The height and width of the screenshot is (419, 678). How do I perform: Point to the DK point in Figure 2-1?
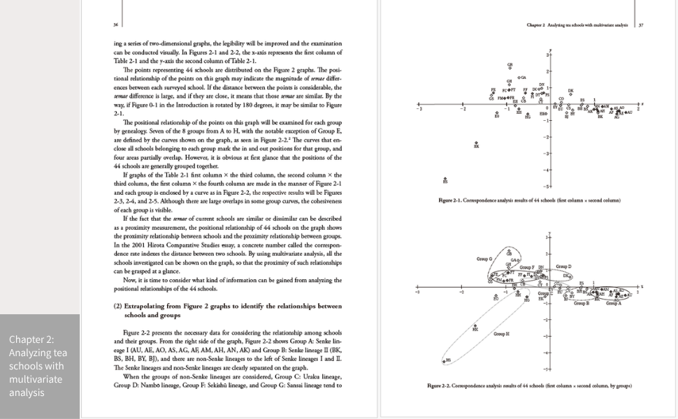click(x=570, y=93)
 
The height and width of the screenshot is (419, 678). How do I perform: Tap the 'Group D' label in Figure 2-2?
click(x=564, y=267)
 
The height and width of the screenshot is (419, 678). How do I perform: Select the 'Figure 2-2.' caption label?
click(x=447, y=385)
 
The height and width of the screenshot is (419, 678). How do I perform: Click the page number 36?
click(x=115, y=24)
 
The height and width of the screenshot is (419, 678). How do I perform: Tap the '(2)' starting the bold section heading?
click(x=118, y=305)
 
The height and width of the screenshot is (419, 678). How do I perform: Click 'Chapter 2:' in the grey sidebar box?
click(x=31, y=339)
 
